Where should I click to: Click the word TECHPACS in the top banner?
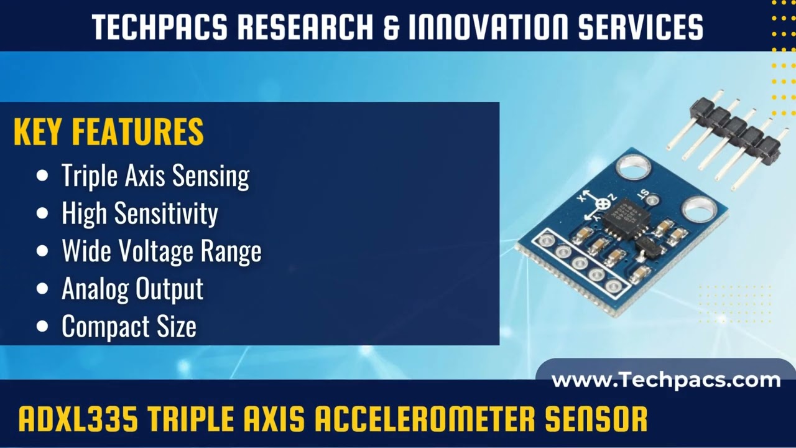(160, 27)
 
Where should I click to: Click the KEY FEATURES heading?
(109, 132)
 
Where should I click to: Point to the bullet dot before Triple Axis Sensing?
(42, 176)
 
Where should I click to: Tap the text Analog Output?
(132, 289)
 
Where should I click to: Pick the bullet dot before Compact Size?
(42, 327)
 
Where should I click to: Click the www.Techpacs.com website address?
(665, 380)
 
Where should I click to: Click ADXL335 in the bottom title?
(78, 419)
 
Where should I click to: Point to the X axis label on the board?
(583, 197)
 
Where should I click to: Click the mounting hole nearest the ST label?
(633, 167)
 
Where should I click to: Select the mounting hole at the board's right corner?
(699, 208)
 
